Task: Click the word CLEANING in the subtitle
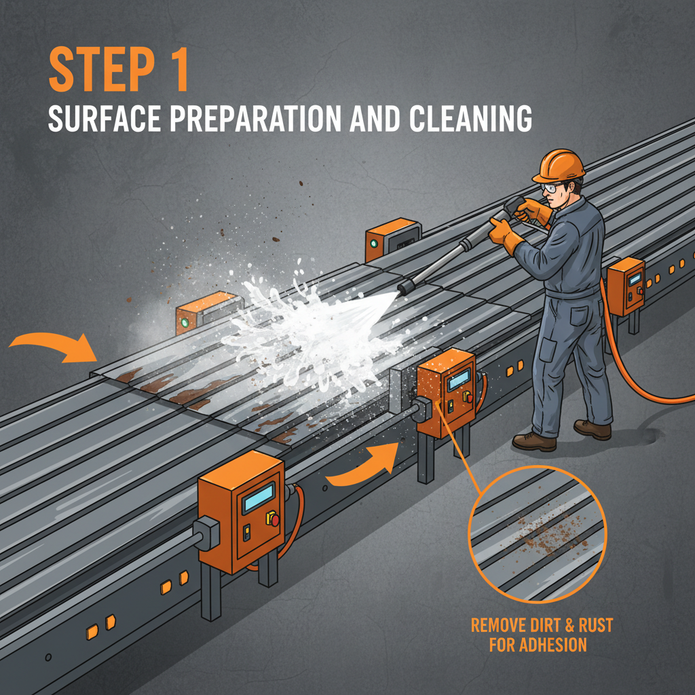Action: tap(466, 119)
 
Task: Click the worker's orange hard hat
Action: tap(559, 164)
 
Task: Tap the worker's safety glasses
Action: tap(551, 187)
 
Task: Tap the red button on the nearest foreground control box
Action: tap(275, 520)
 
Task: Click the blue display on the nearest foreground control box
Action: tap(259, 493)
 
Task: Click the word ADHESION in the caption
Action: tap(538, 644)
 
